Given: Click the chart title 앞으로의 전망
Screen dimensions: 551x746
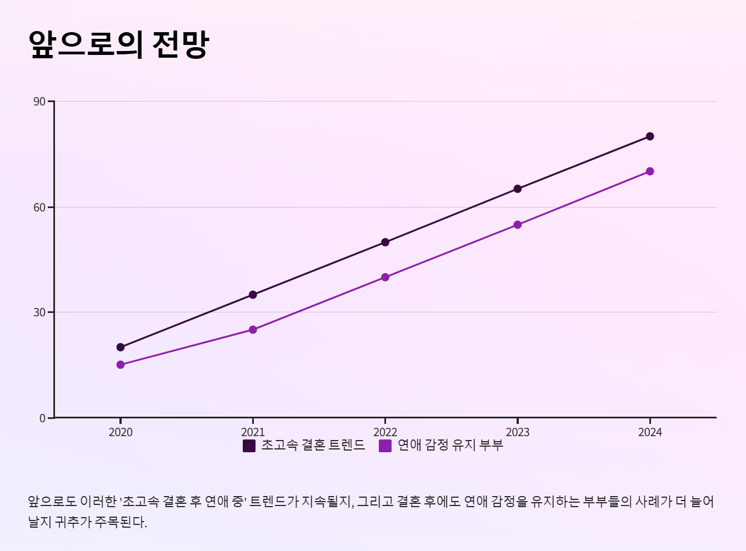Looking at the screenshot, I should click(x=118, y=44).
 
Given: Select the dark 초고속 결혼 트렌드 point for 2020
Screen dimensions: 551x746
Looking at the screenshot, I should click(x=121, y=347).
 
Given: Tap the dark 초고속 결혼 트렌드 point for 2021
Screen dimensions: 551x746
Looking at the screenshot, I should click(x=253, y=295).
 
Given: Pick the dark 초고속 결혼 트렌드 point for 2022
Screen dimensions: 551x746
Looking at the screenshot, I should click(x=385, y=242).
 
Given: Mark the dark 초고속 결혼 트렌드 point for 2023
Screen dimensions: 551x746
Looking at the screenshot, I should click(x=518, y=189).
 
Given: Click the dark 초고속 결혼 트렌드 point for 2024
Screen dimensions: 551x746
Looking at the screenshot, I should click(x=650, y=137).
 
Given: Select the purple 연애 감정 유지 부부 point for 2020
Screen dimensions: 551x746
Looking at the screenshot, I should click(x=121, y=365).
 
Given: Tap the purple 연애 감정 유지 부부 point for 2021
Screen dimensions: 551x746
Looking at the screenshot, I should click(x=253, y=330).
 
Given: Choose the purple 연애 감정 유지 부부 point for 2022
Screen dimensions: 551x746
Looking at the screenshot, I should click(x=385, y=277).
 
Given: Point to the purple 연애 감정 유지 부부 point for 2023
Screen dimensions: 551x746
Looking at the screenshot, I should click(x=518, y=225).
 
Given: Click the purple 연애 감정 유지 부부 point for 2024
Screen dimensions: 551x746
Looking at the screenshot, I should click(x=650, y=171).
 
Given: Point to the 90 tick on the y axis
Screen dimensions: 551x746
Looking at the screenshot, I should click(x=40, y=102).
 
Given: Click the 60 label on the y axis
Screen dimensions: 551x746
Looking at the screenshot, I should click(x=40, y=208).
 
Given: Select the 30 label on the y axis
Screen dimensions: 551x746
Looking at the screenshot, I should click(x=40, y=312).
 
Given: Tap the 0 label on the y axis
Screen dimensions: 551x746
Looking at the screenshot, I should click(x=43, y=418).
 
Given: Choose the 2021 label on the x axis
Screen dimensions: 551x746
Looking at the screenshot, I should click(x=253, y=432).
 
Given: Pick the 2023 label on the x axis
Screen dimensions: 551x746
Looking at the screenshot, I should click(x=518, y=432).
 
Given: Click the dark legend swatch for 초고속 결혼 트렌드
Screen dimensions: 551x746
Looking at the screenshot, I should click(x=249, y=446).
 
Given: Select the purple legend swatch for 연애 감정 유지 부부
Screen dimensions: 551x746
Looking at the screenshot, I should click(x=385, y=446).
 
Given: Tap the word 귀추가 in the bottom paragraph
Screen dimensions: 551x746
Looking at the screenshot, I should click(x=73, y=522).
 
